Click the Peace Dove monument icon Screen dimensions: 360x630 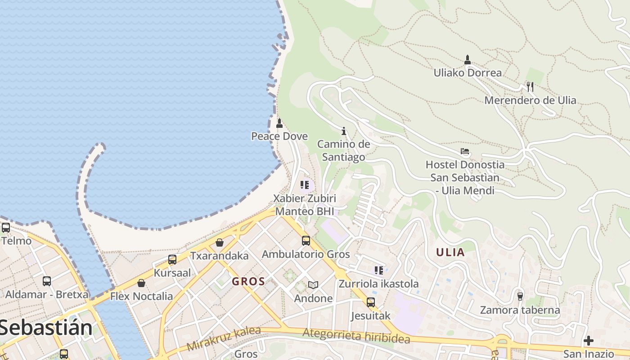pyautogui.click(x=279, y=123)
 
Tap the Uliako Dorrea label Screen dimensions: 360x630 pyautogui.click(x=468, y=72)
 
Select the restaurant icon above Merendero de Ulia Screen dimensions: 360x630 pyautogui.click(x=530, y=87)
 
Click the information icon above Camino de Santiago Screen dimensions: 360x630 pyautogui.click(x=344, y=131)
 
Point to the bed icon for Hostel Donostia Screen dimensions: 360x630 pyautogui.click(x=465, y=152)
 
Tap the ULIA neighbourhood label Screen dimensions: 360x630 pyautogui.click(x=450, y=252)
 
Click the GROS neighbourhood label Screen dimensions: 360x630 pyautogui.click(x=248, y=282)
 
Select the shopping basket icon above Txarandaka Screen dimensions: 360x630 pyautogui.click(x=220, y=243)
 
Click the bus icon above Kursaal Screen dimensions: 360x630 pyautogui.click(x=172, y=260)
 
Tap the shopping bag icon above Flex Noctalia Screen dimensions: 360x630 pyautogui.click(x=141, y=283)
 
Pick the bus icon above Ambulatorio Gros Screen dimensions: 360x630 pyautogui.click(x=306, y=241)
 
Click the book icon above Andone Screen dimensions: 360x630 pyautogui.click(x=313, y=285)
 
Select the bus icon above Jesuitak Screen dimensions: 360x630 pyautogui.click(x=371, y=302)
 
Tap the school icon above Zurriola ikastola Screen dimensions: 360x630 pyautogui.click(x=379, y=270)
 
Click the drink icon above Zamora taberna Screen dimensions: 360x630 pyautogui.click(x=520, y=296)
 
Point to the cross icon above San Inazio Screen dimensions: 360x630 pyautogui.click(x=588, y=341)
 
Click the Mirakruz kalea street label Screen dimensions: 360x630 pyautogui.click(x=224, y=339)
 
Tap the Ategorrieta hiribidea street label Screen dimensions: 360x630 pyautogui.click(x=356, y=336)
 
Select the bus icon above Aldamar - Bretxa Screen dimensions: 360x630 pyautogui.click(x=47, y=281)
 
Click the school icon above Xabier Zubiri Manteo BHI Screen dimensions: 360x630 pyautogui.click(x=305, y=185)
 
